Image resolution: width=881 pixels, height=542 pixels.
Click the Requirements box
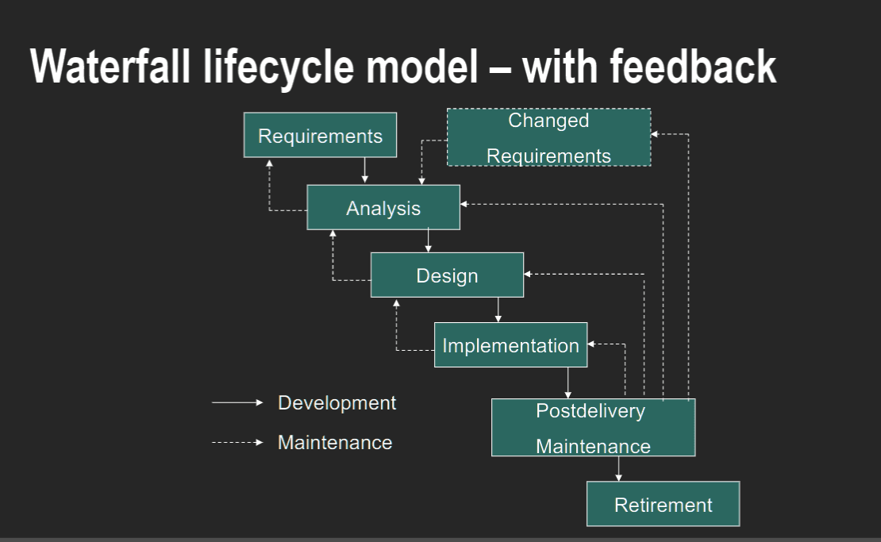(321, 135)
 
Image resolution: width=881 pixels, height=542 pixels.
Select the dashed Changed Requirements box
(549, 137)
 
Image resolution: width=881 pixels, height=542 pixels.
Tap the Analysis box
(383, 207)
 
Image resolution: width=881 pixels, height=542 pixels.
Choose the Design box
(447, 275)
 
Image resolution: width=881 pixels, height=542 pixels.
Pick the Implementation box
(510, 345)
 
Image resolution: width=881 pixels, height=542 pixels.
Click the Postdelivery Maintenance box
(594, 428)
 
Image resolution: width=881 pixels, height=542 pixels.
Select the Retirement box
(663, 504)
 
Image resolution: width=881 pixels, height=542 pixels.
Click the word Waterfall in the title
(110, 67)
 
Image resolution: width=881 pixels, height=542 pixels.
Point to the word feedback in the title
(693, 67)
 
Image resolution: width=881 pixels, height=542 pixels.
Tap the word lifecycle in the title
(278, 67)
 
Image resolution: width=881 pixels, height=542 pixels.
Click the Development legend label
(337, 402)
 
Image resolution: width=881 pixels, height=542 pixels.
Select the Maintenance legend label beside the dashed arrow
(335, 443)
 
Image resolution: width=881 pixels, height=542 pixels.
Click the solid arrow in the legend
(237, 402)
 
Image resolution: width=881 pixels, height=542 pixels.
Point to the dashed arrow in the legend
(237, 443)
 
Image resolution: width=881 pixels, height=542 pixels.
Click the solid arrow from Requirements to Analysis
(364, 170)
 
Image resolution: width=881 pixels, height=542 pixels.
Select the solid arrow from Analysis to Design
(428, 240)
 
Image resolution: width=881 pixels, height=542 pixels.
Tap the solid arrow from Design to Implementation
(498, 309)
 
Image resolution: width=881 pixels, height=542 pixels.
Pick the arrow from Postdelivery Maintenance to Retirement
(618, 468)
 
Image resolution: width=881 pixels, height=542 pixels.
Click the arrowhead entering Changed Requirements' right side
(655, 134)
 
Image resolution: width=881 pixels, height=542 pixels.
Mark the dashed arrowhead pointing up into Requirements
(269, 163)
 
